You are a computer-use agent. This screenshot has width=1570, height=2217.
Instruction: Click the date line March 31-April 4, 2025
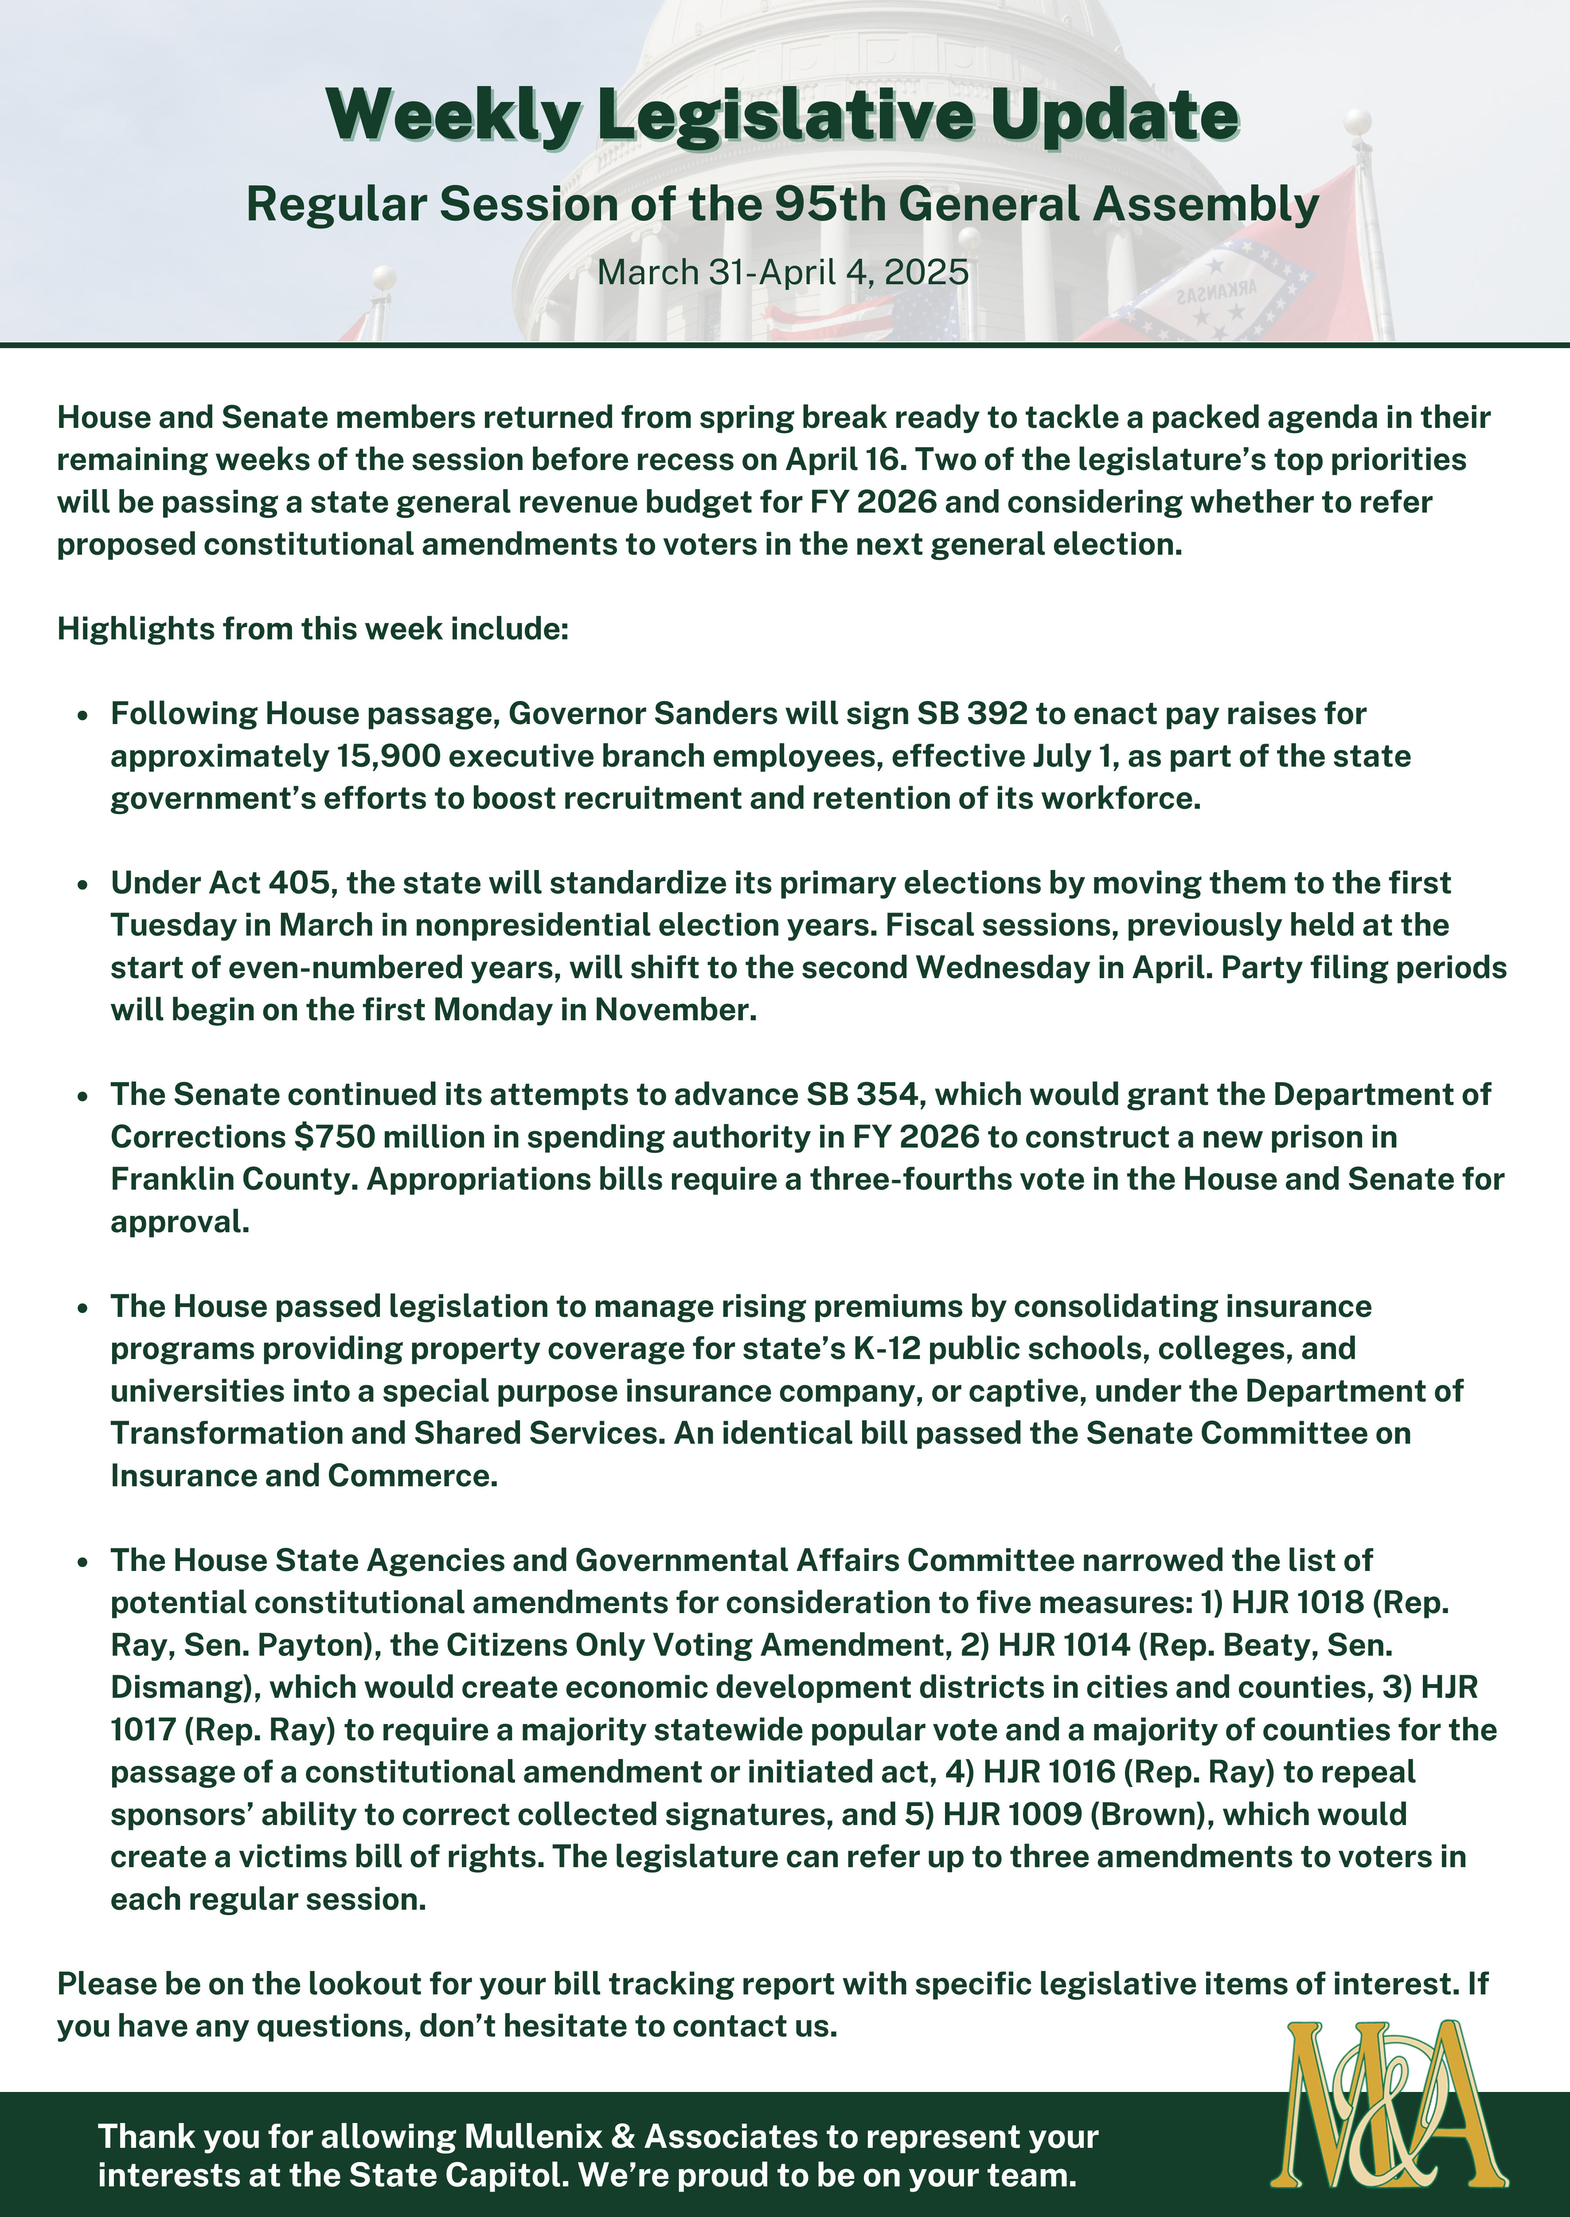coord(783,272)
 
